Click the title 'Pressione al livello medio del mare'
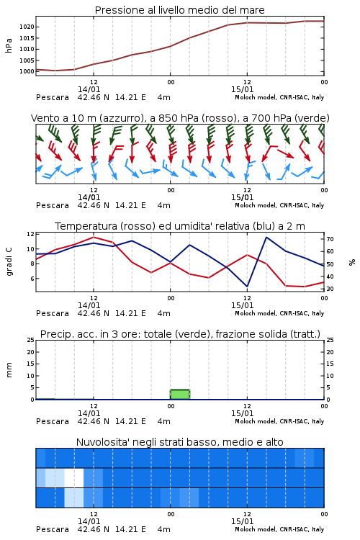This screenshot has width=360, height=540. coord(179,10)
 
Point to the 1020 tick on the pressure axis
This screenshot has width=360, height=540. coord(27,27)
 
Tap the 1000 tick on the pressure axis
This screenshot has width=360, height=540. coord(27,71)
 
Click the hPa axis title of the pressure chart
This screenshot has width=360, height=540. coord(9,45)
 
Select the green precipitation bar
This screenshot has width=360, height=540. coord(180,395)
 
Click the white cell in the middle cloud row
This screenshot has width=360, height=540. coord(74,477)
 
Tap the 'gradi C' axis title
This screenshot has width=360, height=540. coord(9,262)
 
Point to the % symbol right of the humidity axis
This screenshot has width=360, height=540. coord(352,262)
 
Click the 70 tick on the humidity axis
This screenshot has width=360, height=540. coord(330,239)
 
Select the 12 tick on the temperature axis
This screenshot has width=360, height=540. coord(31,234)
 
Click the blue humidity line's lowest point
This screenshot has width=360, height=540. coord(247,287)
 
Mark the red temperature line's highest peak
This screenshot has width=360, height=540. coord(94,237)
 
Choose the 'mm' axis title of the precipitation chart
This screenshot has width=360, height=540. coord(9,370)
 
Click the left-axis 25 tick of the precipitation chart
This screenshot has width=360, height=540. coord(31,340)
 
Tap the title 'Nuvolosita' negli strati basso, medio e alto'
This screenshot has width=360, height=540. coord(179,442)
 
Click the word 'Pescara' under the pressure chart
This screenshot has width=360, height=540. coord(53,97)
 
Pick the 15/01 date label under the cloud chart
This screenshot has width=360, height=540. coord(242,521)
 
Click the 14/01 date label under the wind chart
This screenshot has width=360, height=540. coord(89,198)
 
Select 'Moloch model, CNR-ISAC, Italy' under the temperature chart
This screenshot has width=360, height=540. coord(279,313)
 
